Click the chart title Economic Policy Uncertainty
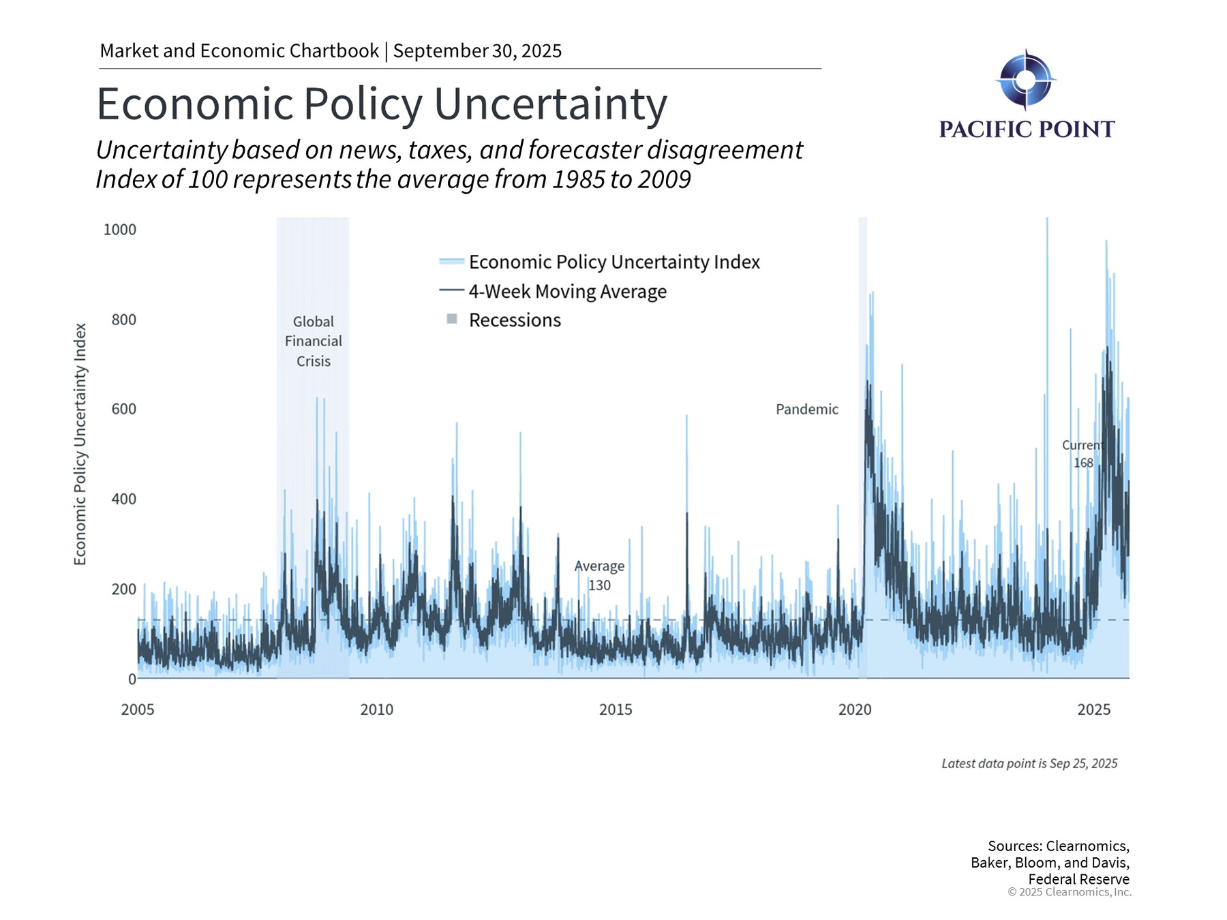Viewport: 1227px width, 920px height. [x=382, y=104]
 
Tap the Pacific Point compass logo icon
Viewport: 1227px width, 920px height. [x=1025, y=80]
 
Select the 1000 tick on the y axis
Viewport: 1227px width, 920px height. [x=120, y=230]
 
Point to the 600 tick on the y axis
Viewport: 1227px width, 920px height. [x=123, y=409]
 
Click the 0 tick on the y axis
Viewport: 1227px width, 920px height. [x=132, y=679]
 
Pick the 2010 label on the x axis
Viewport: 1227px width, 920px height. [x=376, y=709]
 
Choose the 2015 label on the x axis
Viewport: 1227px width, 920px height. [x=616, y=709]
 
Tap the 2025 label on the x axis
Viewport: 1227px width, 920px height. [x=1093, y=709]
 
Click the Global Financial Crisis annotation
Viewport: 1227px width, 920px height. [x=314, y=341]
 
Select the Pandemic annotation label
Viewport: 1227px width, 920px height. [x=807, y=410]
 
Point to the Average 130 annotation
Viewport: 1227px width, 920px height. [x=599, y=576]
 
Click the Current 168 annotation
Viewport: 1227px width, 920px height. [x=1082, y=454]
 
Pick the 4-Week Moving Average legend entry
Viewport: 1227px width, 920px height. [x=567, y=292]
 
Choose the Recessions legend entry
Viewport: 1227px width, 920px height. [x=515, y=320]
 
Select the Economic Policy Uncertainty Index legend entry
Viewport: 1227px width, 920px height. [x=613, y=262]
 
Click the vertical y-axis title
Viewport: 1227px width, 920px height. [x=80, y=444]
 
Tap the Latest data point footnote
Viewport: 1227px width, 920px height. [x=1029, y=764]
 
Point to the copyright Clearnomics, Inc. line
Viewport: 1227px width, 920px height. [x=1069, y=893]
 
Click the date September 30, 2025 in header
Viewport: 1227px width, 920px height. [x=477, y=51]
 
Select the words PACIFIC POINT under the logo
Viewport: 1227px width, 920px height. [x=1027, y=129]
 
